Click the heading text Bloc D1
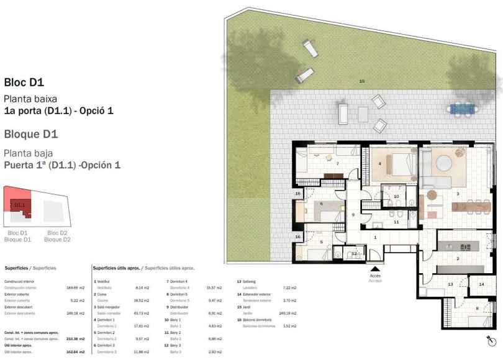[x=24, y=82]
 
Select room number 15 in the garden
[x=362, y=81]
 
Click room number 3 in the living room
[x=457, y=194]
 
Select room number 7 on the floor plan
[x=337, y=163]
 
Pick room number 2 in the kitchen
[x=458, y=258]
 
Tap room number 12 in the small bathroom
[x=353, y=253]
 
